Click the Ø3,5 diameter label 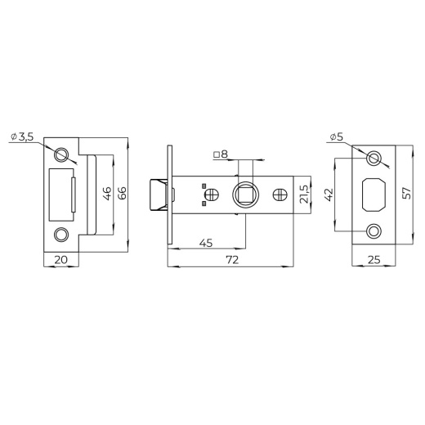point(22,136)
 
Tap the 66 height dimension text point(123,193)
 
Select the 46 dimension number point(108,193)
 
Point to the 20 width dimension point(60,260)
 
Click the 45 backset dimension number point(206,243)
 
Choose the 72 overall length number point(232,260)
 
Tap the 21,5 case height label point(304,195)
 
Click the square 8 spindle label point(221,154)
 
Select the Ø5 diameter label point(336,136)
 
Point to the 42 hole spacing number point(329,195)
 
